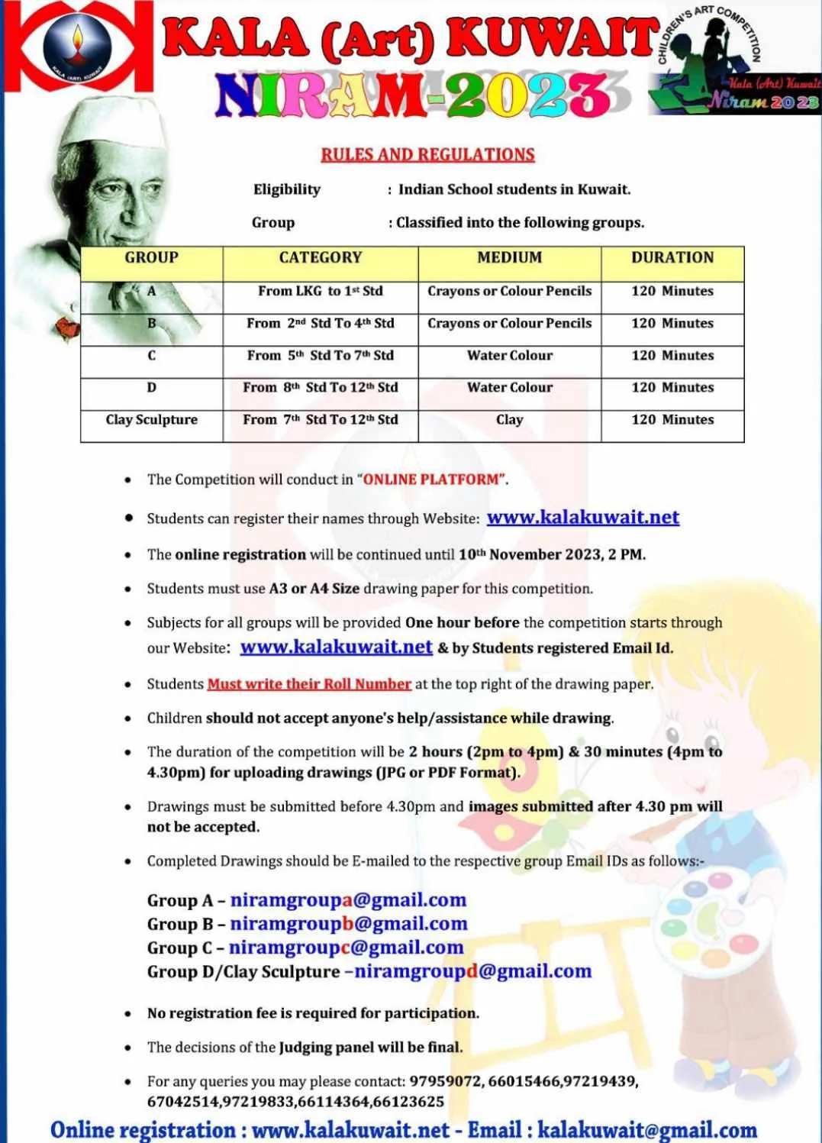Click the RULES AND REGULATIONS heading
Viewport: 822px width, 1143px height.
(x=427, y=154)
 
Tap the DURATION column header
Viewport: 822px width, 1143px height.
(x=672, y=258)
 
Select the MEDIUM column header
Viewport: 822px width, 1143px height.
(x=509, y=258)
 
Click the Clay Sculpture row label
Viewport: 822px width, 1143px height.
(x=151, y=419)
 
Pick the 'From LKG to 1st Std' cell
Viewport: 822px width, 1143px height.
(x=320, y=291)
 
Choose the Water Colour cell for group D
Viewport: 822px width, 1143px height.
(x=509, y=387)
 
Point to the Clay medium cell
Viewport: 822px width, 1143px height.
(x=509, y=419)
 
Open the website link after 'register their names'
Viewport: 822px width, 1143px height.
(x=583, y=517)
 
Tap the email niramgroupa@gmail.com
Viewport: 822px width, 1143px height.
(x=348, y=900)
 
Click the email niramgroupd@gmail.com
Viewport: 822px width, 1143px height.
(x=472, y=971)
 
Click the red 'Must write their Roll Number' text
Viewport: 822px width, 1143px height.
(x=309, y=684)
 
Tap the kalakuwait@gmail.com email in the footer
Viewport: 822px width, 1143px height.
(x=647, y=1130)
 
